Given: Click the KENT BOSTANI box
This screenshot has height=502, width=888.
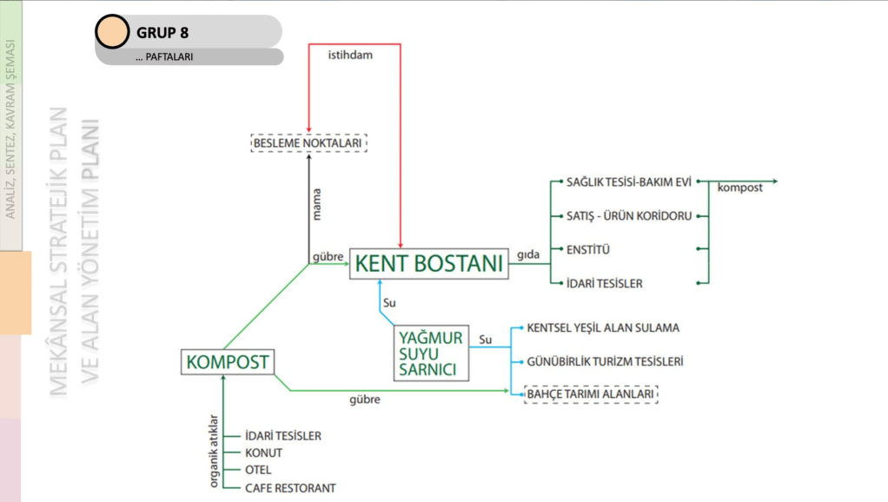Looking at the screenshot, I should coord(428,261).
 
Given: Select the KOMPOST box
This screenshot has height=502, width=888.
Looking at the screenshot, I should coord(228,361).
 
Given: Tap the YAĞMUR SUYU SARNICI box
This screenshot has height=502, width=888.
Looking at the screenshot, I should coord(431,353).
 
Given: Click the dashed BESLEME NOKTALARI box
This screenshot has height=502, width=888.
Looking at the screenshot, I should coord(308,142).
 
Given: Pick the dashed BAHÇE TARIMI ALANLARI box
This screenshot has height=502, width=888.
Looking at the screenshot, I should coord(591,395).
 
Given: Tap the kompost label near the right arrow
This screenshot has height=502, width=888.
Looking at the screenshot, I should coord(740,188).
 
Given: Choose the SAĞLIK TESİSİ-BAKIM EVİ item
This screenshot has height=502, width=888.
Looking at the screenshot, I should coord(628,182).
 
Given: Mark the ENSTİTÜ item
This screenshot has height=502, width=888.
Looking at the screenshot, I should coord(588,250).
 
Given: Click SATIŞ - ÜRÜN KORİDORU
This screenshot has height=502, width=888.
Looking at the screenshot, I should coord(629,215).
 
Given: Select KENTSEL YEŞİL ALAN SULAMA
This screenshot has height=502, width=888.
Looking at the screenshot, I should coord(603,328).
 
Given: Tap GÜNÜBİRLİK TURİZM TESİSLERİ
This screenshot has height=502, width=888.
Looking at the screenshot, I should coord(605,361).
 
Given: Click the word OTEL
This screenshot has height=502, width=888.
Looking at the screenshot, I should coord(259,470).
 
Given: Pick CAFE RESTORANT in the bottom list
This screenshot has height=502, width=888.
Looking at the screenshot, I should coord(290,488).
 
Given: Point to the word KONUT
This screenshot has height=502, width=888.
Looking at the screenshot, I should coord(264,452).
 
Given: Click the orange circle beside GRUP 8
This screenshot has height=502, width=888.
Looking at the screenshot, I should coord(111,32).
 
